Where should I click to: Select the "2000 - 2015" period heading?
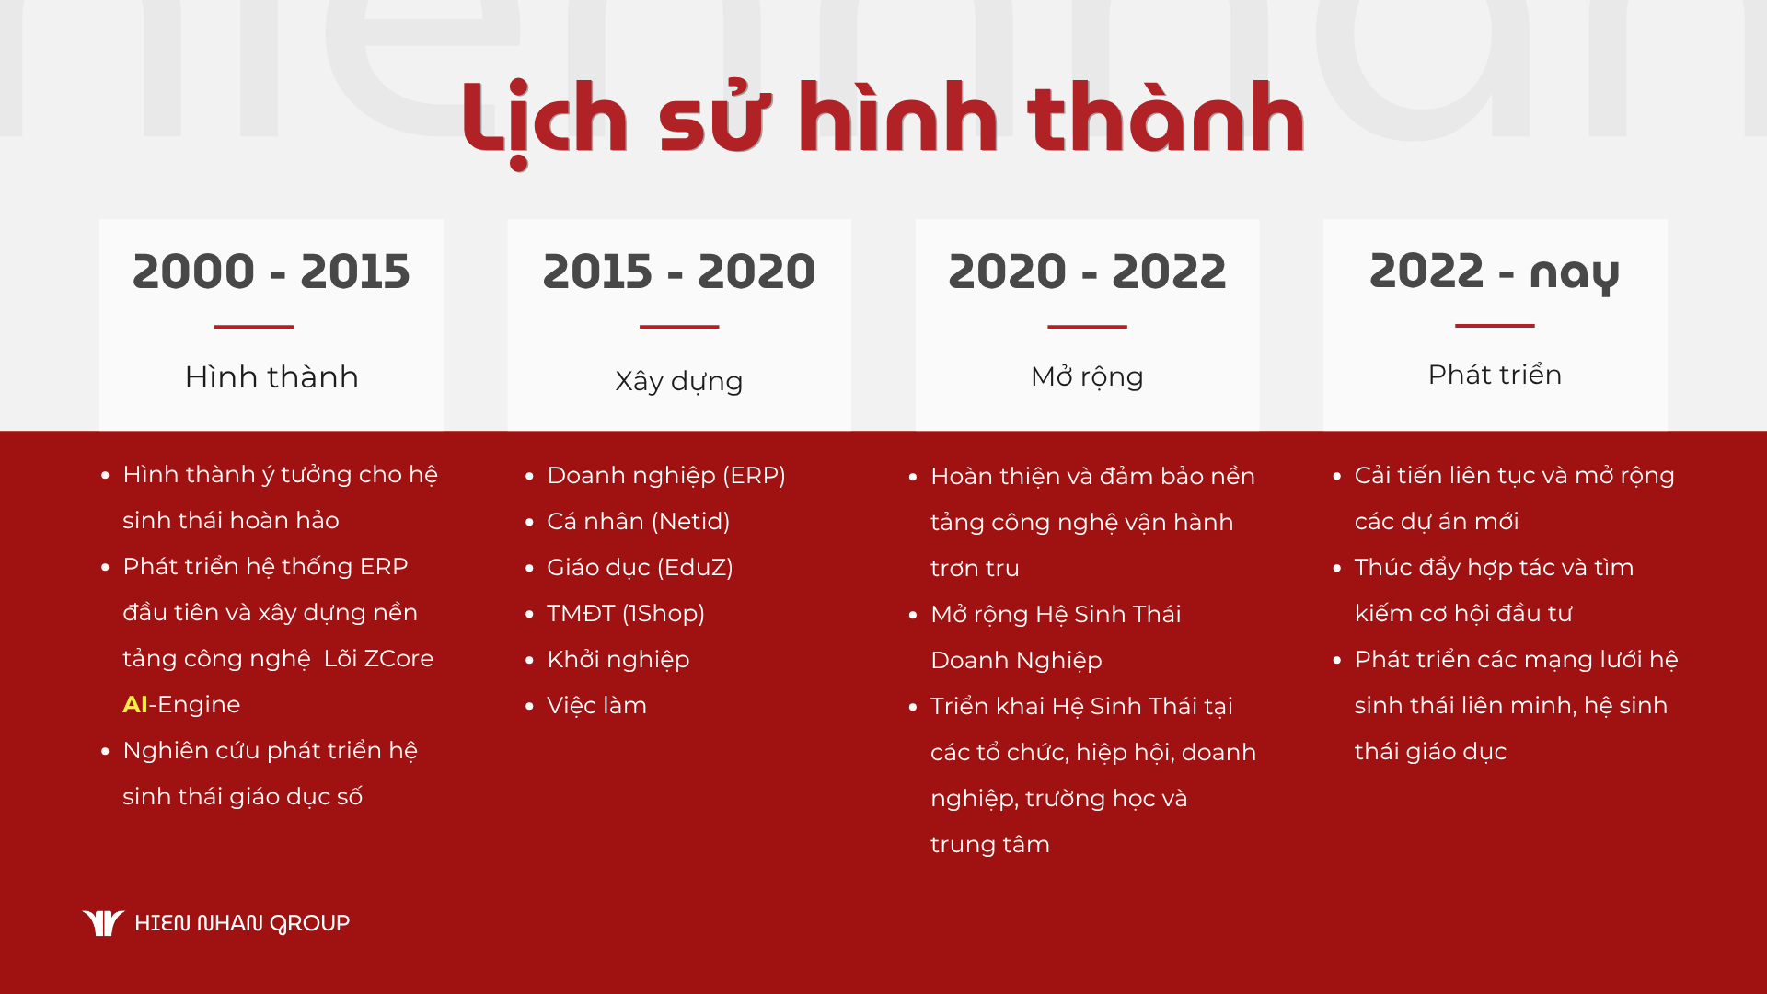(x=271, y=272)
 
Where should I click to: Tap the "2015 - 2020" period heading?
(x=679, y=272)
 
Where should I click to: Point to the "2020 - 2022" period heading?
(x=1087, y=272)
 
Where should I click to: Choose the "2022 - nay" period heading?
(x=1495, y=273)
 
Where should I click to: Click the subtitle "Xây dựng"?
(x=679, y=381)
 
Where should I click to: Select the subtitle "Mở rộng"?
(x=1087, y=376)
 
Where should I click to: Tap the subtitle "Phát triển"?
(x=1495, y=375)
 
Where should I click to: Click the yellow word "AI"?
(x=134, y=704)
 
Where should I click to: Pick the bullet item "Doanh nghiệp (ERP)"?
(x=666, y=476)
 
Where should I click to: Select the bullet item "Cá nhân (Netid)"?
(x=638, y=522)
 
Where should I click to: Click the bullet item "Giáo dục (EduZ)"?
(x=640, y=568)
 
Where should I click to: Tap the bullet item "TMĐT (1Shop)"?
(x=626, y=614)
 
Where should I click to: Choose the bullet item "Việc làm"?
(x=596, y=706)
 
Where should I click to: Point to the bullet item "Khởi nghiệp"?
(x=618, y=660)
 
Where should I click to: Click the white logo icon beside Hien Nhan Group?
(x=103, y=922)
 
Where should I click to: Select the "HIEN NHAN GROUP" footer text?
(x=242, y=923)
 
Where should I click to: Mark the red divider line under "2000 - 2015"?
(x=253, y=327)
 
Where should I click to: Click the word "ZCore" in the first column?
(x=398, y=659)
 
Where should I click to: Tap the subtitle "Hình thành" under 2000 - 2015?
(x=271, y=377)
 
